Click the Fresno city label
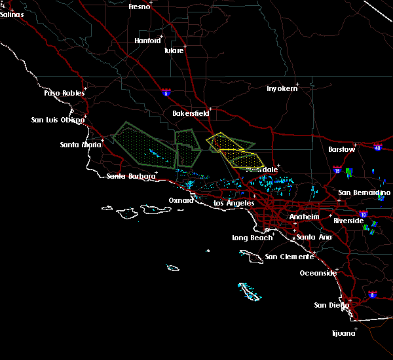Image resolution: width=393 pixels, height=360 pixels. [x=139, y=7]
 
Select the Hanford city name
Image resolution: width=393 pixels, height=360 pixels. [x=147, y=41]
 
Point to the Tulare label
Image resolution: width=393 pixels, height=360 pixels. [x=174, y=50]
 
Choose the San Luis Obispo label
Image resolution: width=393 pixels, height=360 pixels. [x=58, y=120]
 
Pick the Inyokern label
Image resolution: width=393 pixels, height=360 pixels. [x=282, y=88]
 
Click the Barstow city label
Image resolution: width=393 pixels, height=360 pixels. [x=341, y=149]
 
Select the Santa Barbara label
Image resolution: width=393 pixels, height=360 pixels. [x=131, y=176]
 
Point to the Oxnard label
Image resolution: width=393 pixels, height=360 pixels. [x=181, y=200]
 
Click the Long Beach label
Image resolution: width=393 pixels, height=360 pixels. [x=252, y=238]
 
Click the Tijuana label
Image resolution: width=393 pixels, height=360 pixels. [x=343, y=333]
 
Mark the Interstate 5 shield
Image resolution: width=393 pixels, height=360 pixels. [x=167, y=93]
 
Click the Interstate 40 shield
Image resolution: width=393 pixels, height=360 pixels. [x=378, y=147]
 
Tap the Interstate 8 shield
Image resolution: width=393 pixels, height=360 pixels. [x=373, y=295]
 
